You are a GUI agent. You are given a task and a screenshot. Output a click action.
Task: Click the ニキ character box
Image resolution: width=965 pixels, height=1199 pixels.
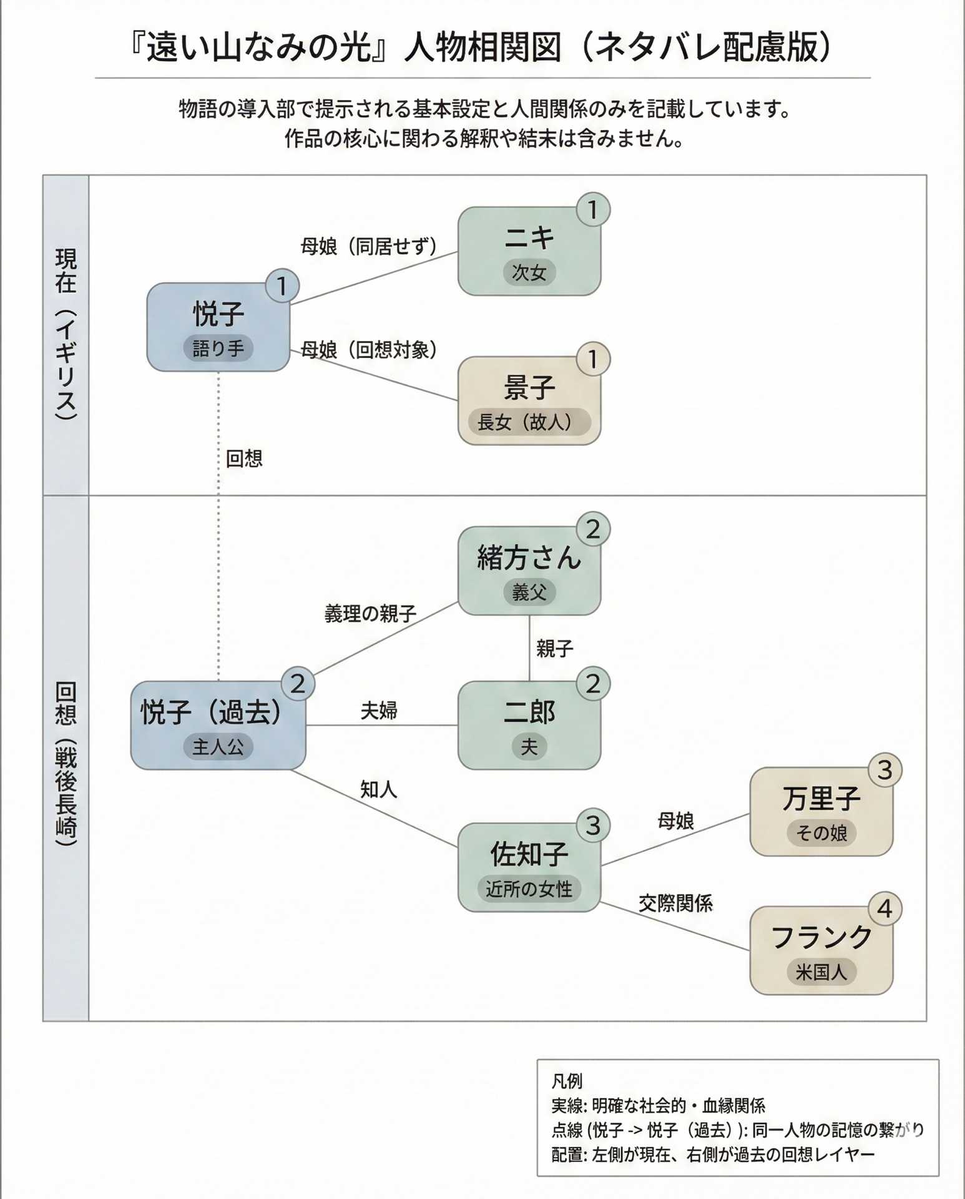[529, 251]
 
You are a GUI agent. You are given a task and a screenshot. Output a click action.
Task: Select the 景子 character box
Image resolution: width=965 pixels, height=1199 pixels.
[529, 400]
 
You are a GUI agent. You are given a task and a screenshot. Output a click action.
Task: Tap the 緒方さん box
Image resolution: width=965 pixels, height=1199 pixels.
[529, 571]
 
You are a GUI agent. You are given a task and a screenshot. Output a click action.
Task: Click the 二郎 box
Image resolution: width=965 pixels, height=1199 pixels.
[529, 725]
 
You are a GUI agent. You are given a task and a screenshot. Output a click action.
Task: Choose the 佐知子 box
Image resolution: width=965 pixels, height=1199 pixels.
[529, 867]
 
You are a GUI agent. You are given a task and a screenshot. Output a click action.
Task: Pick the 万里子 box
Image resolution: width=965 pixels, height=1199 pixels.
[821, 811]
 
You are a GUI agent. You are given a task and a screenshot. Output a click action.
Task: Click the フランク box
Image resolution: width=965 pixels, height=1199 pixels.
[821, 950]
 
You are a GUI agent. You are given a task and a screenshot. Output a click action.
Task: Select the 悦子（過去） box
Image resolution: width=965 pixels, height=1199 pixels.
[218, 725]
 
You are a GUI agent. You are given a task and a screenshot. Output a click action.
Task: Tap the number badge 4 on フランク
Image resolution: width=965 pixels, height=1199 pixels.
[884, 909]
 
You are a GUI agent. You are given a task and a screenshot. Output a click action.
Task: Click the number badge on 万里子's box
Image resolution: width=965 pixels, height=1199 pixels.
[884, 771]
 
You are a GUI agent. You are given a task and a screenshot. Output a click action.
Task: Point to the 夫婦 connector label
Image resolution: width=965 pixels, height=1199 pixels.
[379, 711]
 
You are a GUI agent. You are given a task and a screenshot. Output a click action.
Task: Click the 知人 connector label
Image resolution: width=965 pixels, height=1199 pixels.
[379, 789]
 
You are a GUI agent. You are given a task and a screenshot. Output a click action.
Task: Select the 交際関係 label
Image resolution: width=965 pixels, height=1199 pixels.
[675, 903]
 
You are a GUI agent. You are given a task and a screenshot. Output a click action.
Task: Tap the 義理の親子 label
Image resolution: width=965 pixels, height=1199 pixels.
[370, 614]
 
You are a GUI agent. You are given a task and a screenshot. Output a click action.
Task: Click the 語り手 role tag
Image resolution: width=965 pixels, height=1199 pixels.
[218, 348]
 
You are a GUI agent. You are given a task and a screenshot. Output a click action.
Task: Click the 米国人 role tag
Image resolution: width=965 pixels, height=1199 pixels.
[821, 972]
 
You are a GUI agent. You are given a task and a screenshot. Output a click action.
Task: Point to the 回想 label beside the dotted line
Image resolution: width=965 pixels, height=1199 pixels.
[244, 459]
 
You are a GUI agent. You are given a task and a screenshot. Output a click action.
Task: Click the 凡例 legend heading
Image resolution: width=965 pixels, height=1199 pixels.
[567, 1081]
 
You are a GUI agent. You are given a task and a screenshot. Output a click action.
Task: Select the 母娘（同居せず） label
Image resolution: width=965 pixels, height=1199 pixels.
[368, 247]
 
